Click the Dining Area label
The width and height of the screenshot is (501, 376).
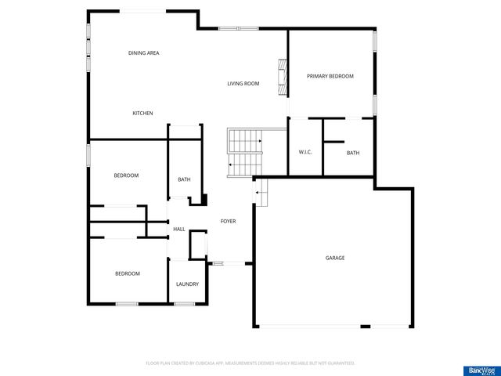coord(144,53)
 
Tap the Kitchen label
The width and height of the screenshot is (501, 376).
coord(142,114)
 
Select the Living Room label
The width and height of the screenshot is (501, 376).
coord(243,84)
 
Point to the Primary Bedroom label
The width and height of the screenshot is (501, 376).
coord(330,76)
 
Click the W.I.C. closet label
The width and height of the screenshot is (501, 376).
coord(305,152)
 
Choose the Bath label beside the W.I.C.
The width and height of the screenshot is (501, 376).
coord(353,153)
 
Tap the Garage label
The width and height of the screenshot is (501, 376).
coord(335,258)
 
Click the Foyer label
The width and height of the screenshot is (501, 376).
coord(228,221)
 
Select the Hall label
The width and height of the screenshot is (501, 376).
coord(179,229)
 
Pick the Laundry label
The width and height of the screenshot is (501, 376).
coord(187,284)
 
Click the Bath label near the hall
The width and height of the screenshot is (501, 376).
coord(184,179)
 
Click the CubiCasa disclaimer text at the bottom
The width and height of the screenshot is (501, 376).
coord(250,363)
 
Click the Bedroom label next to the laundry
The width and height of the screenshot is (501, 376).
coord(128,273)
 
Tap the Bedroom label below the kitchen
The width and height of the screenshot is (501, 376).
coord(126,175)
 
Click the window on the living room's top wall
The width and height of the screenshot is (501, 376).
coord(238,29)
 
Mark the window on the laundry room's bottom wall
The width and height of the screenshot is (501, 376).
coord(184,304)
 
